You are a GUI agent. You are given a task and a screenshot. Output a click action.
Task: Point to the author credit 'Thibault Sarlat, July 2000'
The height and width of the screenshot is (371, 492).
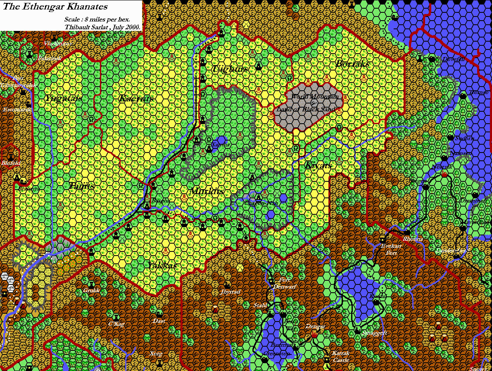(103, 27)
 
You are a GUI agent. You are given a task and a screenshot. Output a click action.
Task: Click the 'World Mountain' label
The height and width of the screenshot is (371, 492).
(315, 96)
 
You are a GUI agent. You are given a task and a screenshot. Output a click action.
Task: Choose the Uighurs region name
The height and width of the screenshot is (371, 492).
(231, 69)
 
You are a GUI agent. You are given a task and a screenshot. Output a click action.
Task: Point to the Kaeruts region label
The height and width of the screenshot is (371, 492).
(136, 99)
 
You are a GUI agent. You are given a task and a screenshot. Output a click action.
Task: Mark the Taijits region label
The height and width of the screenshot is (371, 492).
(82, 185)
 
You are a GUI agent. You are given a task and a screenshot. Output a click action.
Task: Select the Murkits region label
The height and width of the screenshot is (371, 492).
(207, 191)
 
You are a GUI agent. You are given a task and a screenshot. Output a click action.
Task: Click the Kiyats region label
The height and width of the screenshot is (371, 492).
(318, 165)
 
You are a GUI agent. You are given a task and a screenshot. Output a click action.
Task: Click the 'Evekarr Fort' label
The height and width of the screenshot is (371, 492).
(390, 249)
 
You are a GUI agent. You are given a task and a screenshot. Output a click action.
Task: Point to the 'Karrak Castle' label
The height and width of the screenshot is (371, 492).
(341, 357)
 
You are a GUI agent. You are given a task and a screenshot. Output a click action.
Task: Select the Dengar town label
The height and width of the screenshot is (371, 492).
(315, 326)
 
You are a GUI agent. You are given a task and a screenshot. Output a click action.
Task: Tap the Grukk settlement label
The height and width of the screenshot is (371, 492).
(91, 290)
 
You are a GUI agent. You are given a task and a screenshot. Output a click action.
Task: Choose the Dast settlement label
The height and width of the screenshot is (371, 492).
(159, 321)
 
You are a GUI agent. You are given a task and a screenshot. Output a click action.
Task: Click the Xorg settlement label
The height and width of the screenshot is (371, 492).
(156, 354)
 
